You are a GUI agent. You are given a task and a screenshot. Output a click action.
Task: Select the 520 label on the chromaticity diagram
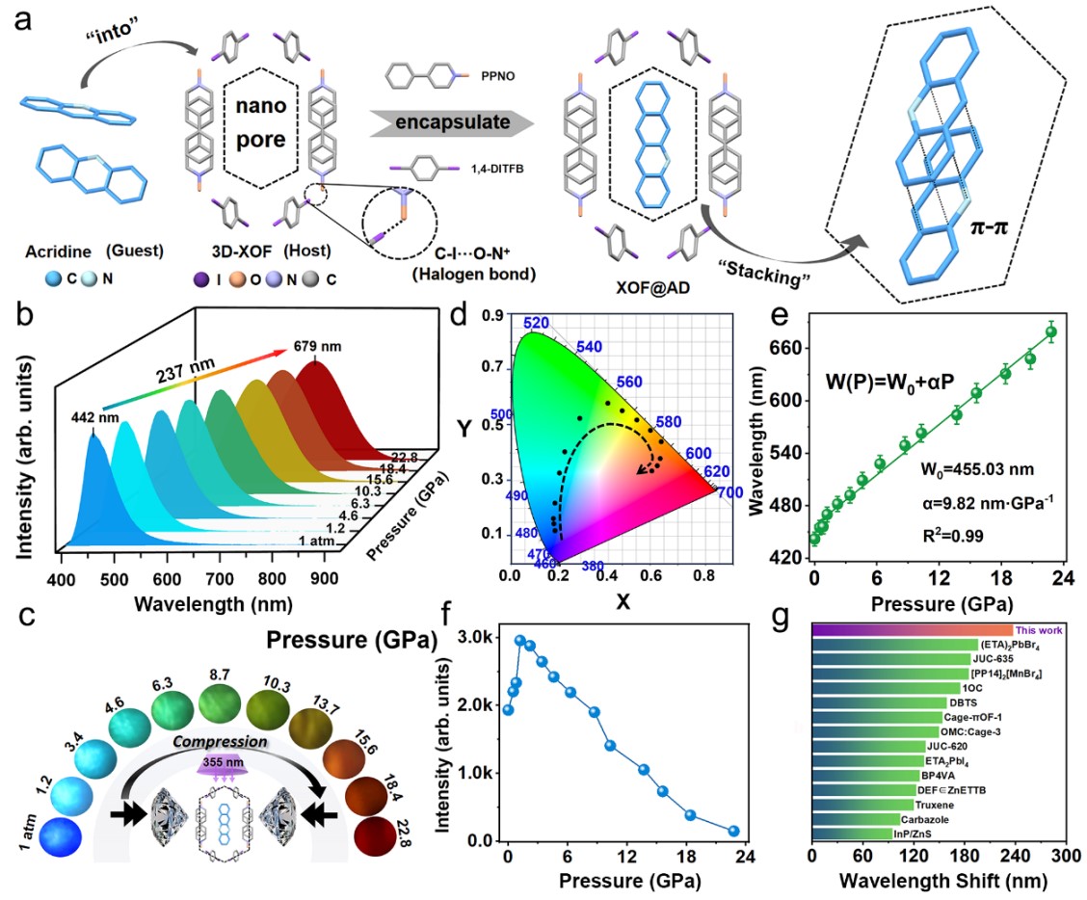537,324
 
